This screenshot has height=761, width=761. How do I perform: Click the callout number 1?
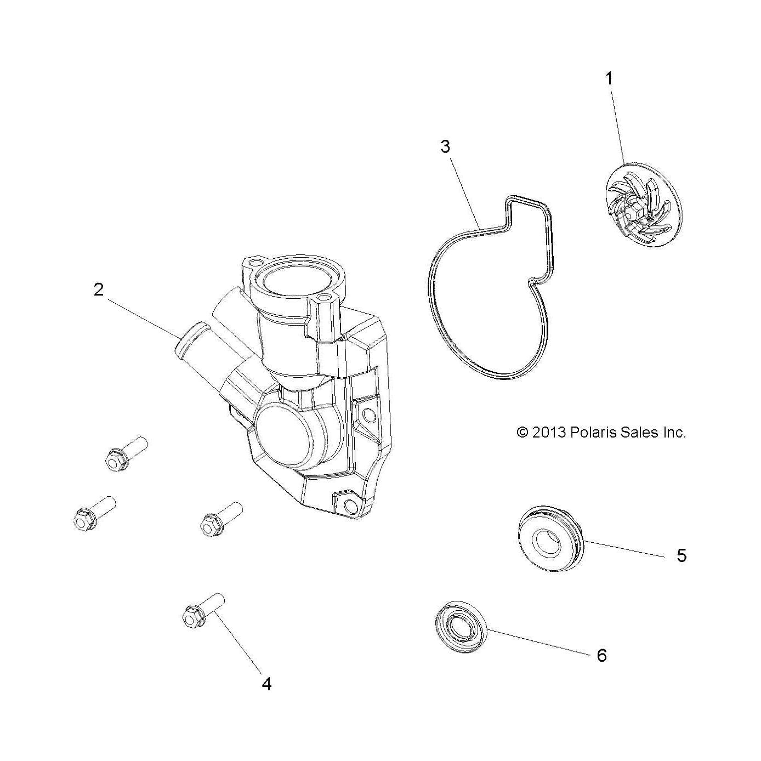(609, 78)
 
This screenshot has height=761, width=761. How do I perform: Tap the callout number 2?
(99, 290)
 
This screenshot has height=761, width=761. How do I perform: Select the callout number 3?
(445, 146)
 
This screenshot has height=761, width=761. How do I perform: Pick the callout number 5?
(682, 555)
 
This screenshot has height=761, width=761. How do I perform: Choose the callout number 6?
(601, 656)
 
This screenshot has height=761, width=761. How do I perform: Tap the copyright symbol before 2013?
(523, 433)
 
